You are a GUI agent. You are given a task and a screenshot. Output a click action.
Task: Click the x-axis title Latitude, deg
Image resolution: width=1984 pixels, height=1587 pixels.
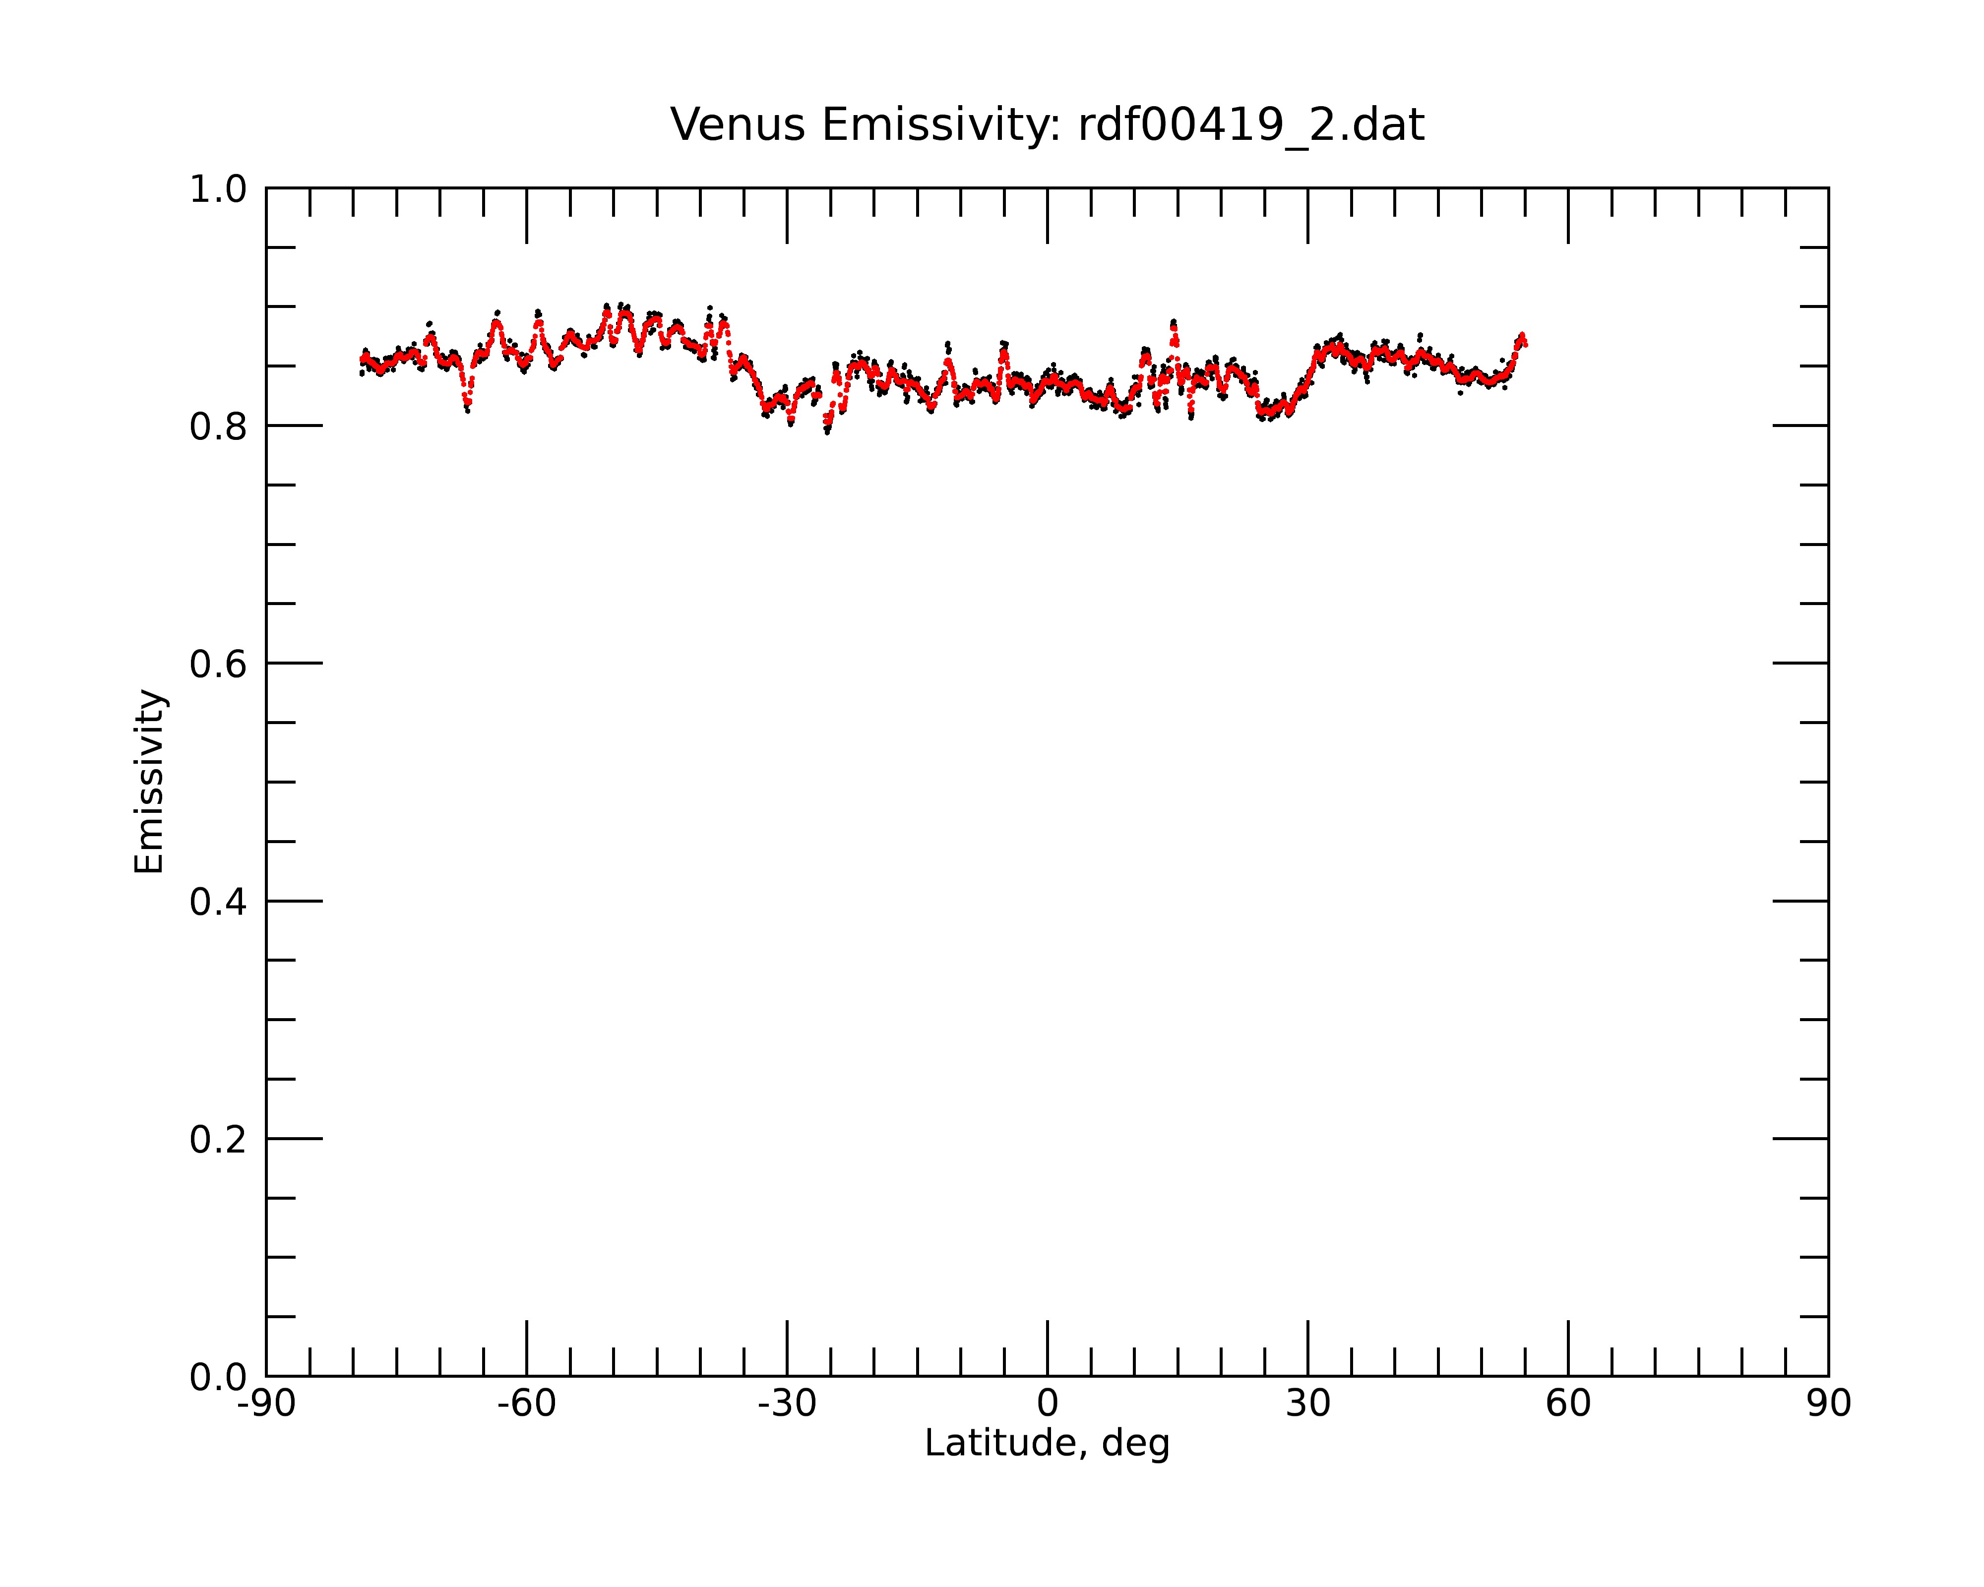coord(1047,1443)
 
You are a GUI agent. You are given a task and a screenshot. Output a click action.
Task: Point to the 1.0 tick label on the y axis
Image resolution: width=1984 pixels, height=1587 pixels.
coord(218,189)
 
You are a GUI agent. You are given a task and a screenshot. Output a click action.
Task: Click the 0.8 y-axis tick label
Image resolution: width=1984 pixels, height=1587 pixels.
coord(218,427)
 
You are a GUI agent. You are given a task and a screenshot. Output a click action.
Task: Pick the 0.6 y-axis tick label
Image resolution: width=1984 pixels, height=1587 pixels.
coord(218,664)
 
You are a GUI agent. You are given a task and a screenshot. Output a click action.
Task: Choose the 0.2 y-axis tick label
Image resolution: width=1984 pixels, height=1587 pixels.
coord(218,1140)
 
